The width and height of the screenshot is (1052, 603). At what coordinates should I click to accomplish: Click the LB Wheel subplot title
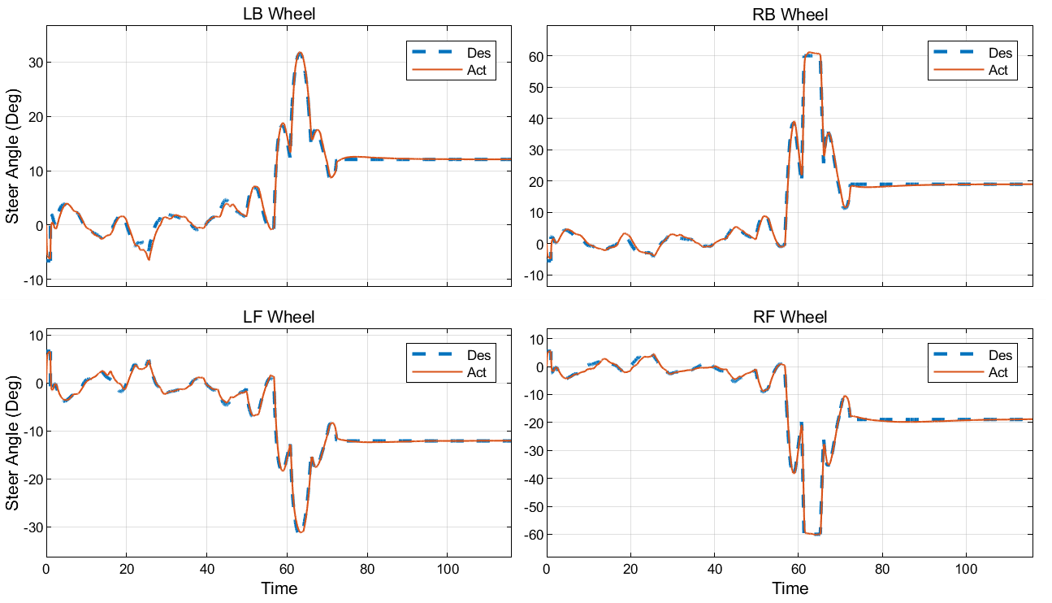(279, 14)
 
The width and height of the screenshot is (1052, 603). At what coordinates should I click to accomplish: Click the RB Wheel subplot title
(790, 15)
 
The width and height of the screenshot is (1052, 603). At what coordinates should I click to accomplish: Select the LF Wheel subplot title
(279, 317)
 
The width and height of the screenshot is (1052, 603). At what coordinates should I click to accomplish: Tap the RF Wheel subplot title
(790, 317)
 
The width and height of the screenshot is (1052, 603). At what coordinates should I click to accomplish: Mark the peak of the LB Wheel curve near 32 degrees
(300, 54)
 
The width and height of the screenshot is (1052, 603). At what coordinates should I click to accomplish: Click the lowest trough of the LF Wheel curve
(301, 531)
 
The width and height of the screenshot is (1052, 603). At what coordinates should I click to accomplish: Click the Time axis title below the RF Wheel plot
(790, 588)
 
